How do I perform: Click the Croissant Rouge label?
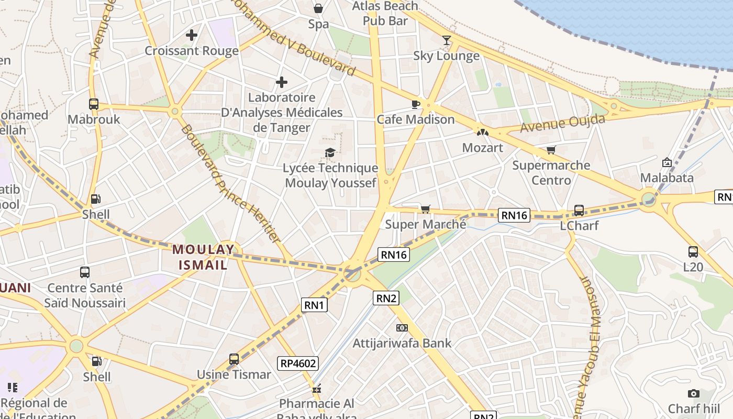191,51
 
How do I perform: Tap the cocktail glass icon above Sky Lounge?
446,40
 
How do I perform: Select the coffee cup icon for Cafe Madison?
416,104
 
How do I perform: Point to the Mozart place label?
482,148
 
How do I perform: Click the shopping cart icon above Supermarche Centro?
551,150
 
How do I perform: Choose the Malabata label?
667,178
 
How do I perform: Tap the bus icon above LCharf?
579,210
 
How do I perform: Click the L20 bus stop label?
693,267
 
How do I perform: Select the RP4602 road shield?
298,363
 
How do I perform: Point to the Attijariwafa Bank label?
402,344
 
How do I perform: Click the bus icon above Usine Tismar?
234,359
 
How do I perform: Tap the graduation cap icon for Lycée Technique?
330,152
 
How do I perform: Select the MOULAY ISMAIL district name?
203,257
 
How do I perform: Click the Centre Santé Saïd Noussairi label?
85,295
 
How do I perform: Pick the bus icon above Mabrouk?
94,104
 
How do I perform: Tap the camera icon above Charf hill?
694,393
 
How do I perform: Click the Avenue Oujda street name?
562,124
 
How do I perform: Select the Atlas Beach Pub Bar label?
385,13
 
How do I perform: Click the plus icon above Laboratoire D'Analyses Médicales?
282,82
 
